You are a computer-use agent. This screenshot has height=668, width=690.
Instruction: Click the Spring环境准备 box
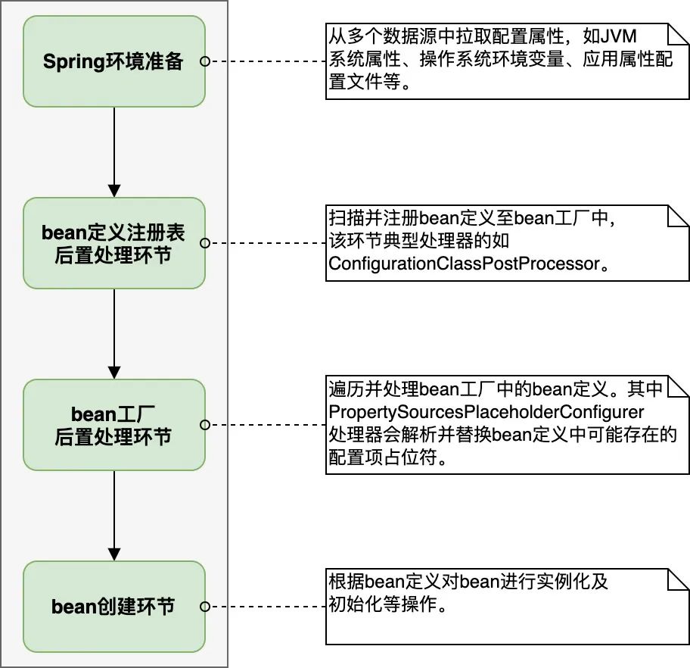(113, 61)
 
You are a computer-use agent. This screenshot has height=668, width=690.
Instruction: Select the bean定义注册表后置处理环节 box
(113, 243)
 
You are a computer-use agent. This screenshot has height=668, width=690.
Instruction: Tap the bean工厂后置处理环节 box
(113, 425)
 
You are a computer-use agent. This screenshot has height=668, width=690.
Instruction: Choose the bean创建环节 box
(113, 607)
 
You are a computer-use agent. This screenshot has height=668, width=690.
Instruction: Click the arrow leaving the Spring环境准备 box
(113, 151)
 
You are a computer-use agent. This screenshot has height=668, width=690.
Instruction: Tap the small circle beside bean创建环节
(204, 607)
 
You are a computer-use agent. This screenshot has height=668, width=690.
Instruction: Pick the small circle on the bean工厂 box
(204, 425)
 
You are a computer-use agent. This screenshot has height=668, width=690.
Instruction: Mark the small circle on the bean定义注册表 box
(204, 243)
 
